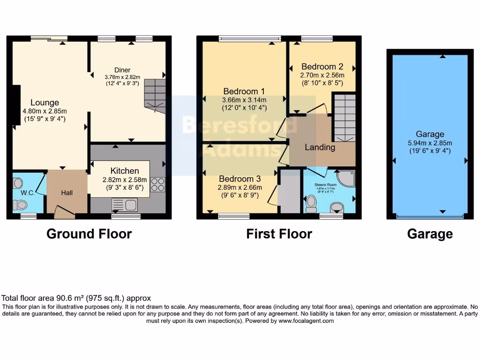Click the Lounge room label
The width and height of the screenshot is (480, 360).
(x=45, y=102)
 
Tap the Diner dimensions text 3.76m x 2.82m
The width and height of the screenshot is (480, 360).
(x=122, y=77)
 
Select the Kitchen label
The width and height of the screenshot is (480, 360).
(x=125, y=171)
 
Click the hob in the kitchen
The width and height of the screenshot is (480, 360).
(x=158, y=185)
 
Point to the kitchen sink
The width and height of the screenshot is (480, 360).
(x=124, y=205)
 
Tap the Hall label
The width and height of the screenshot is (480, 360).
(x=67, y=193)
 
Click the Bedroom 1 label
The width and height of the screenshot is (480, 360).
(x=244, y=91)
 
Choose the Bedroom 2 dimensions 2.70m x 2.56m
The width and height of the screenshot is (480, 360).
(x=322, y=75)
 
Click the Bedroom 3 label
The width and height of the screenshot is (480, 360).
(x=240, y=179)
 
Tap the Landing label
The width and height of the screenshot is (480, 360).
(x=320, y=147)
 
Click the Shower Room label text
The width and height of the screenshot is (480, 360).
(x=326, y=185)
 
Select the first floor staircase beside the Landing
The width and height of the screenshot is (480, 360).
(x=345, y=117)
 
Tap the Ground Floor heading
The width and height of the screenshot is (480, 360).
(x=89, y=233)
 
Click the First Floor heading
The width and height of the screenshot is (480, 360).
(x=279, y=233)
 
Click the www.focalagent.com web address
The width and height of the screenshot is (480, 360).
(x=306, y=321)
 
